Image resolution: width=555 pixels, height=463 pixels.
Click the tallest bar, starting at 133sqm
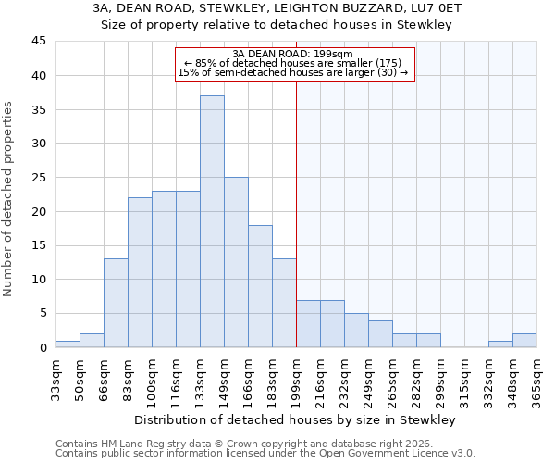212,221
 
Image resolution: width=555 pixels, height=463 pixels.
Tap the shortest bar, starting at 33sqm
68,344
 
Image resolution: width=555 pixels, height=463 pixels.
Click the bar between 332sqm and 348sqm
500,344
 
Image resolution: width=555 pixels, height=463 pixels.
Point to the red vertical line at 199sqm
296,213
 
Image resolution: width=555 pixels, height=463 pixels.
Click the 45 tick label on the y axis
38,42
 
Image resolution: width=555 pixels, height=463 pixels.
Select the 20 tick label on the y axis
38,211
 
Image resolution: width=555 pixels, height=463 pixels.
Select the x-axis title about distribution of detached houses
295,420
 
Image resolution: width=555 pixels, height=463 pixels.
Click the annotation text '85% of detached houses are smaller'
293,64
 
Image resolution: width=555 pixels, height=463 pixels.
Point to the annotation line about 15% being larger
293,73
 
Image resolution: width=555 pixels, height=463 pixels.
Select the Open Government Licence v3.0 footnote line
265,454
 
